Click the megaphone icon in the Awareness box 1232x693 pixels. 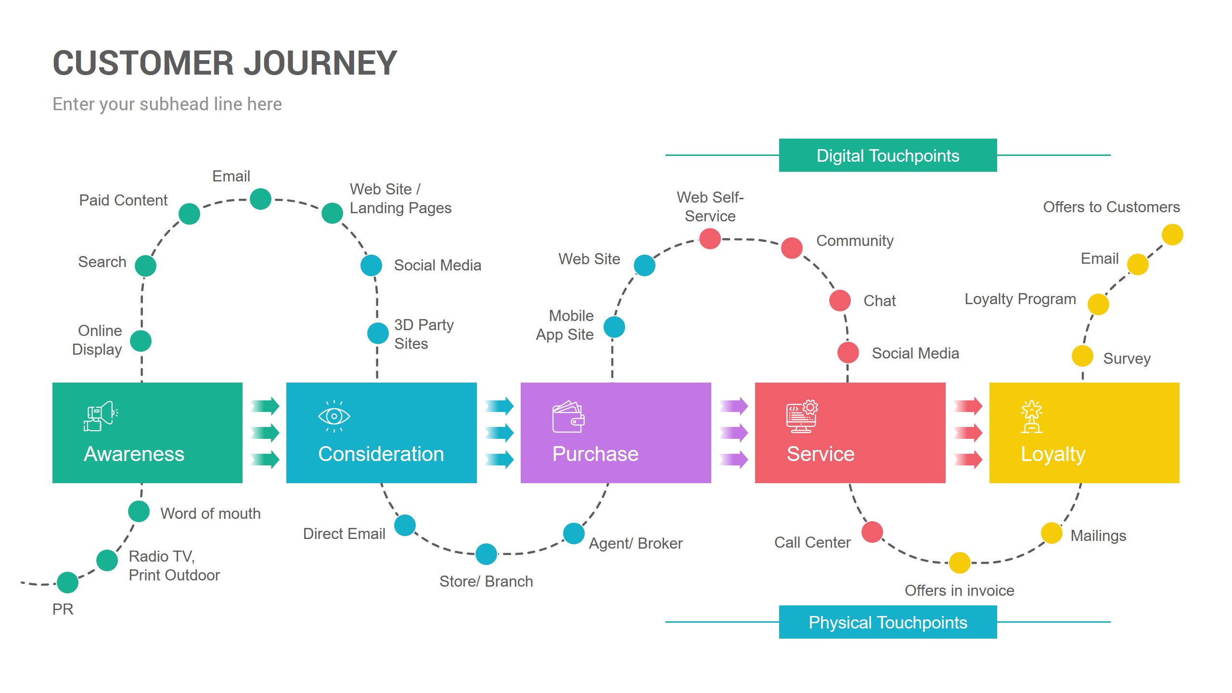click(101, 416)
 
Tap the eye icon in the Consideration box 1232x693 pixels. click(334, 416)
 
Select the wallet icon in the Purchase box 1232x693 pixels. click(568, 417)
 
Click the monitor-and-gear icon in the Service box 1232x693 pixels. click(802, 417)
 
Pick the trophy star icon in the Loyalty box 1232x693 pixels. click(1031, 417)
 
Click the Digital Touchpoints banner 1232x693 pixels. click(887, 155)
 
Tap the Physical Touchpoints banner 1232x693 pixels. click(887, 622)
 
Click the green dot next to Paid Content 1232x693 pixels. click(189, 214)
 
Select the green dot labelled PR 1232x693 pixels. click(68, 582)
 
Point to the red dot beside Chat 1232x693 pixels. click(840, 300)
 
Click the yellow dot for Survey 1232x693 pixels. click(1082, 356)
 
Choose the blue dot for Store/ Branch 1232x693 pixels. click(486, 554)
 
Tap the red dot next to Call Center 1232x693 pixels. click(872, 532)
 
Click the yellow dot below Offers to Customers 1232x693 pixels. click(1172, 235)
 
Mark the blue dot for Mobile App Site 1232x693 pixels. click(614, 327)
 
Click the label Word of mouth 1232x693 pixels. click(210, 513)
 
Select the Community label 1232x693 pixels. click(855, 241)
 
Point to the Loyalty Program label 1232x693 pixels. click(1020, 299)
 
